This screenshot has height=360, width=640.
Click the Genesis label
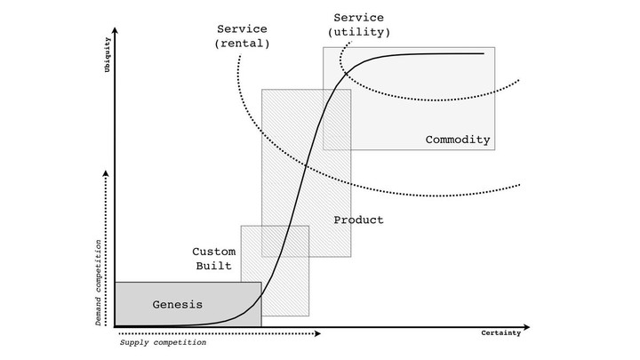[178, 305]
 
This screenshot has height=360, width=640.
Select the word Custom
[214, 252]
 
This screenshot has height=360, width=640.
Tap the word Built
[213, 266]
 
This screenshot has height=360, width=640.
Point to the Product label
[359, 220]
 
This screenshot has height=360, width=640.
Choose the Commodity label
[458, 140]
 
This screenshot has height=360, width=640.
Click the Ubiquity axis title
[108, 55]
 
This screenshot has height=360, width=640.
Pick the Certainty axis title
[500, 333]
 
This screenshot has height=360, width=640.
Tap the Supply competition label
[163, 342]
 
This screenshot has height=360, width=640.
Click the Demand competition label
[99, 283]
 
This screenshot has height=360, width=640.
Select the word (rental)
[242, 44]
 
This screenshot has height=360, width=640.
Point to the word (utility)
[359, 32]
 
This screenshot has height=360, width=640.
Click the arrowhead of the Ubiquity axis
[115, 30]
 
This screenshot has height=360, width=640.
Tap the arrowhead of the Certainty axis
[526, 327]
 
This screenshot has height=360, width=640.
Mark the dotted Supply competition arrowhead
[318, 333]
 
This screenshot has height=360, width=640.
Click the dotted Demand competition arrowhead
[106, 173]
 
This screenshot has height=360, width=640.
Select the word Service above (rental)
[242, 29]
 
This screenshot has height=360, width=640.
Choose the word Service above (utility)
[359, 18]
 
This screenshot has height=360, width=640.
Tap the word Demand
[99, 312]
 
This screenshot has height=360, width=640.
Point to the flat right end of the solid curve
[484, 53]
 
